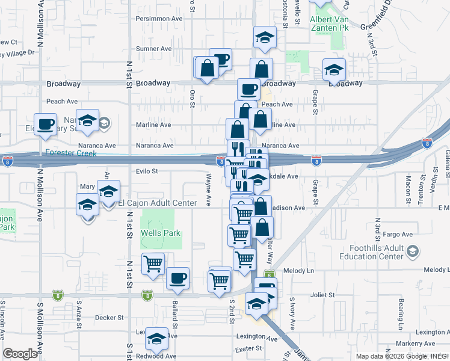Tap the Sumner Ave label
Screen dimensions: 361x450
tap(155, 49)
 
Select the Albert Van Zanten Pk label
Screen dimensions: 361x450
tap(329, 23)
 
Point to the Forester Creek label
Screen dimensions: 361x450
tap(71, 153)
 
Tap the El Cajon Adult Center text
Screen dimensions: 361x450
tap(157, 203)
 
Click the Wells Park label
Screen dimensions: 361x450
tap(161, 233)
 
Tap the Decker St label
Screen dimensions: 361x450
tap(109, 317)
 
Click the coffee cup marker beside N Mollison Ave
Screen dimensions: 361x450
tap(45, 124)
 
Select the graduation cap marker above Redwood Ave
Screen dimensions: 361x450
tap(158, 338)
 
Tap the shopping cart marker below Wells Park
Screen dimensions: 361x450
tap(153, 263)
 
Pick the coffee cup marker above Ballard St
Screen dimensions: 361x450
tap(177, 278)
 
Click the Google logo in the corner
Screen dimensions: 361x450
tap(20, 354)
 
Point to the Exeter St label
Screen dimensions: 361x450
tap(248, 348)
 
